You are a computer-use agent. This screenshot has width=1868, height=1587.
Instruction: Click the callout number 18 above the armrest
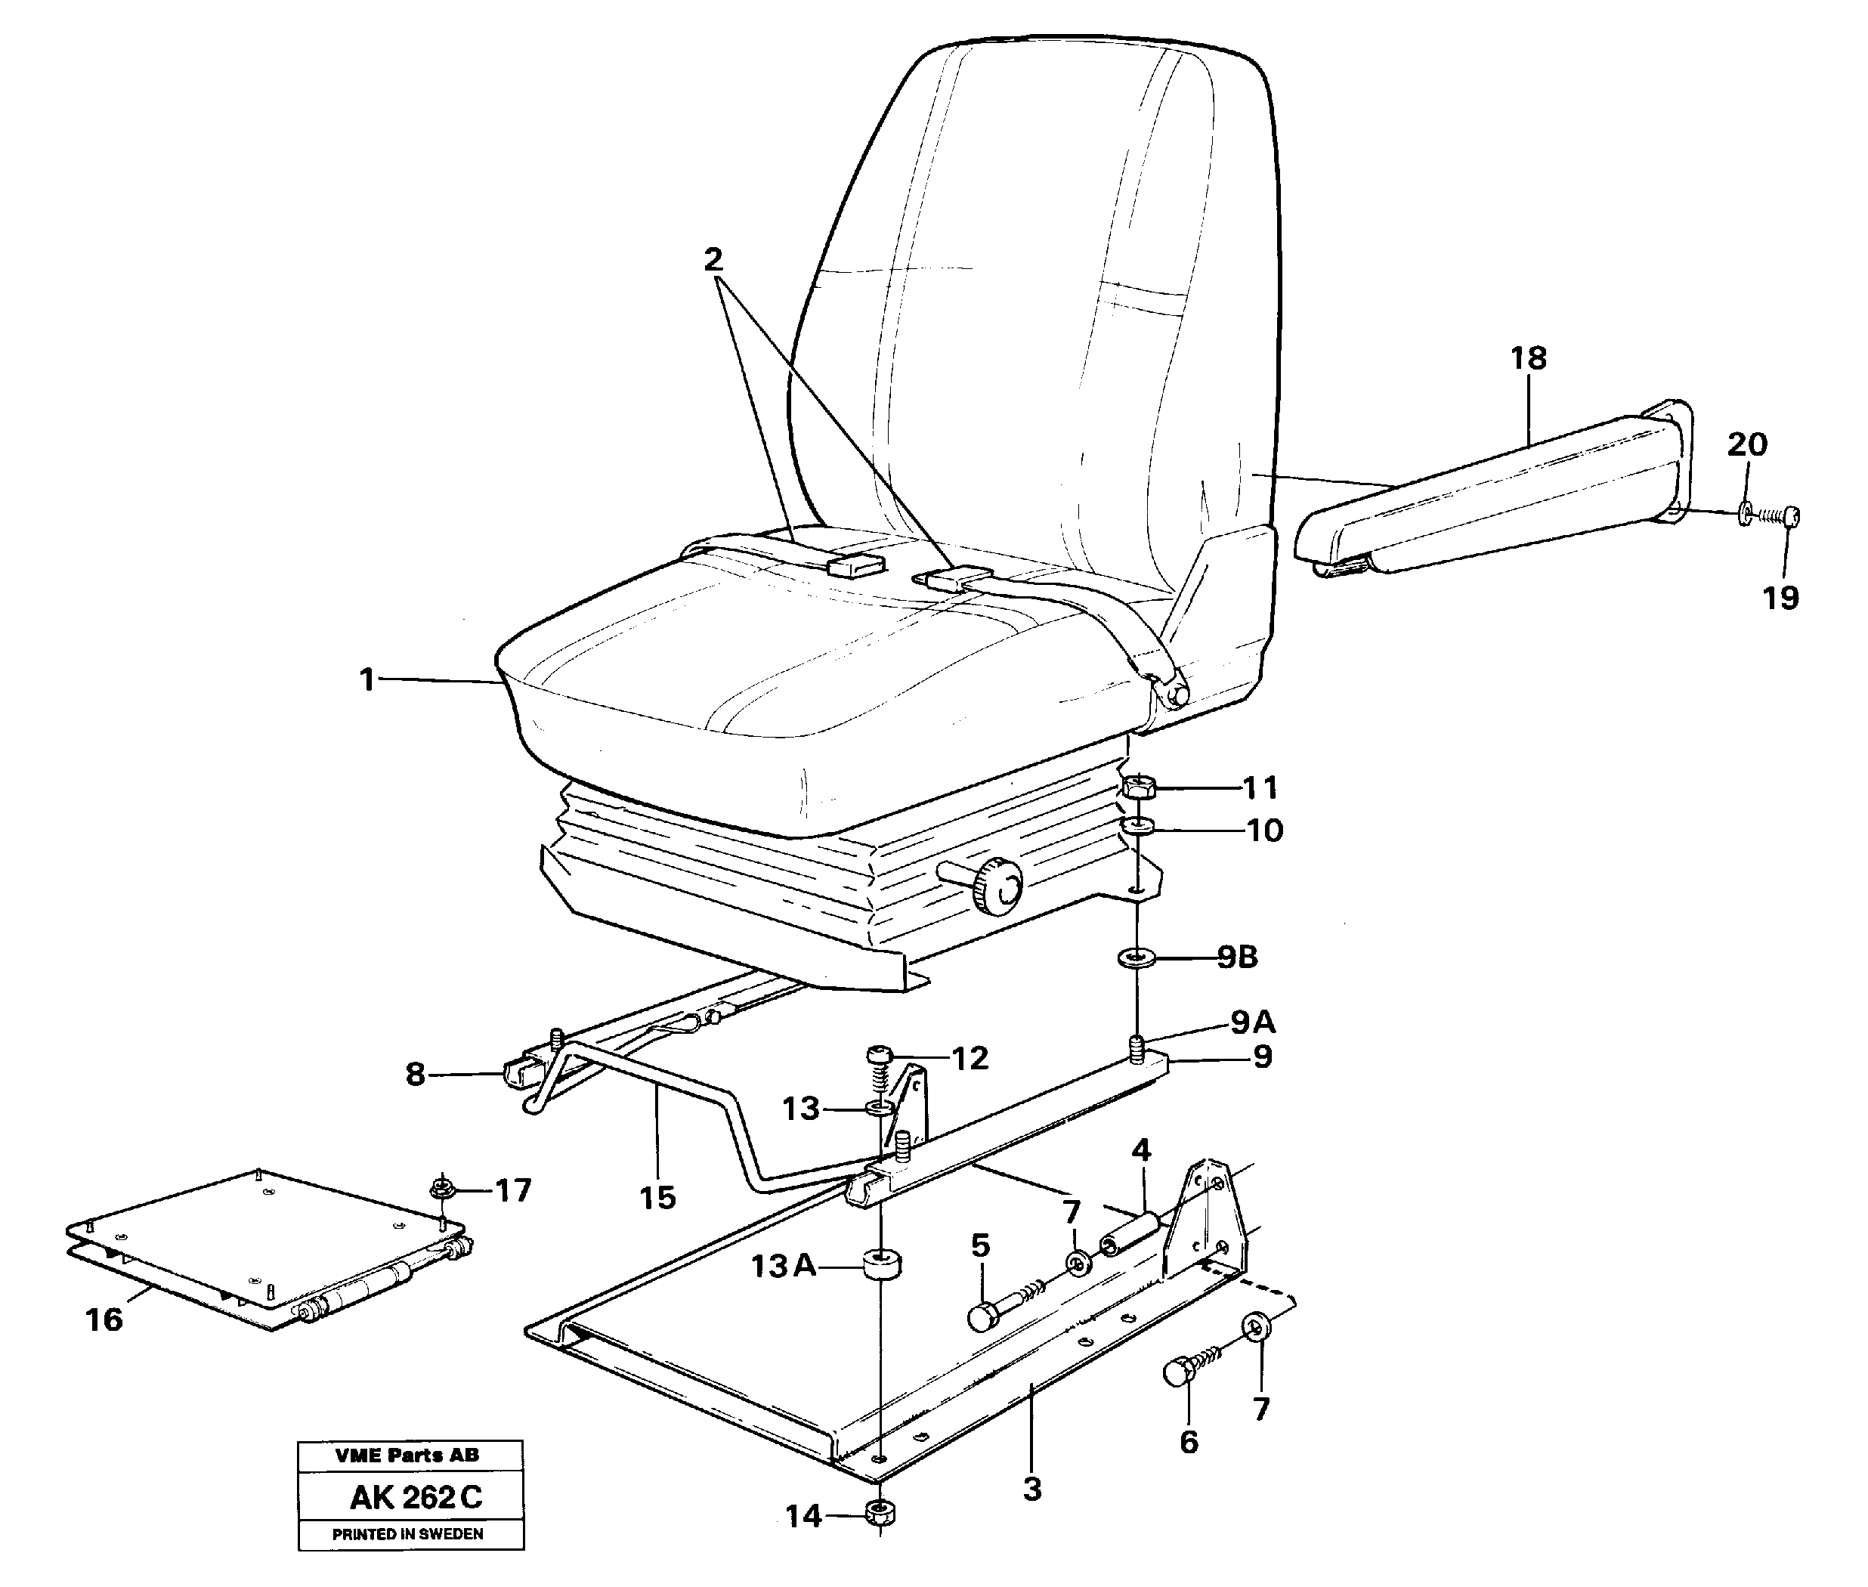point(1528,358)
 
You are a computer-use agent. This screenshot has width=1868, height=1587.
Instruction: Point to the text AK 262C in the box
point(416,1498)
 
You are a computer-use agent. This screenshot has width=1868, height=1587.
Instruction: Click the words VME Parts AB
point(407,1455)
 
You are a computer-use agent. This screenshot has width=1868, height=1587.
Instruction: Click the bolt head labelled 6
point(1178,1373)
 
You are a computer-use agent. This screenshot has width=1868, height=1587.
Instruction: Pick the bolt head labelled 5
point(982,1318)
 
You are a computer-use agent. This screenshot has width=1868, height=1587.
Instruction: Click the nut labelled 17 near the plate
point(441,1189)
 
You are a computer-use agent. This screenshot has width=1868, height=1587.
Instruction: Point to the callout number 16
point(104,1319)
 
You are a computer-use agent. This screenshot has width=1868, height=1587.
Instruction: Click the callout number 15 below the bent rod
point(657,1198)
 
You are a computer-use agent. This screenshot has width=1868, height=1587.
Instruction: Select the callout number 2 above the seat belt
point(713,260)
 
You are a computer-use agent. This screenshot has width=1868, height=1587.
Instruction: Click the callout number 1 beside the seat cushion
point(366,679)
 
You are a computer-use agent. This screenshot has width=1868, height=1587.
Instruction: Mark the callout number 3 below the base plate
point(1031,1489)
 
